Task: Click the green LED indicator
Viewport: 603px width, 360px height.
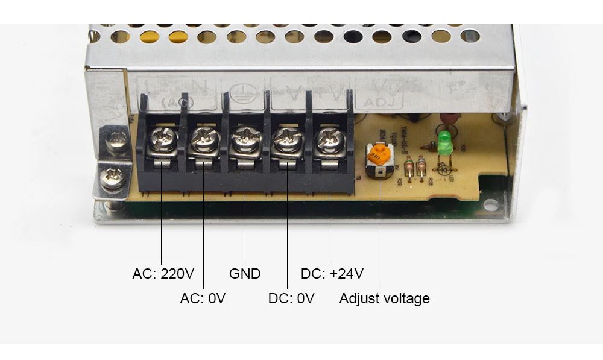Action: tap(444, 142)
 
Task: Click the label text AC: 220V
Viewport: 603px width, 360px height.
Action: tap(163, 274)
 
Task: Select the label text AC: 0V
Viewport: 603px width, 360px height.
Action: tap(203, 298)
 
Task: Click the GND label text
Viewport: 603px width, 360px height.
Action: tap(245, 274)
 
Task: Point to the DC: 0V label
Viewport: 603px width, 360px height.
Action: tap(291, 298)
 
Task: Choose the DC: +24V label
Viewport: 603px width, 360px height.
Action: tap(332, 274)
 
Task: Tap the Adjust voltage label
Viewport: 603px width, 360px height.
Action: tap(385, 298)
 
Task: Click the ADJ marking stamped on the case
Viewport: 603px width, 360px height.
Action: tap(379, 103)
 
